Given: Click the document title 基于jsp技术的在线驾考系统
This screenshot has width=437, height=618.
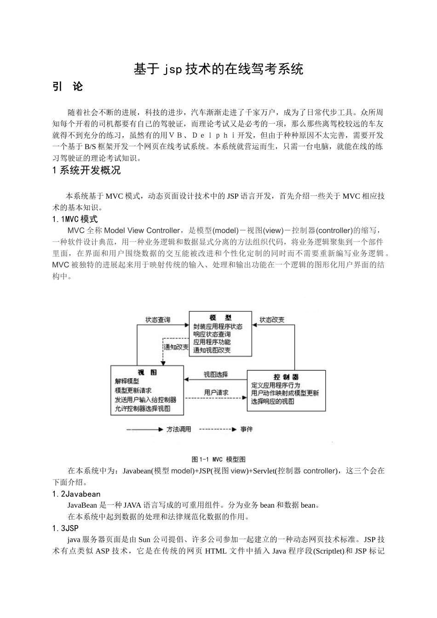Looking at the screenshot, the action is pos(218,69).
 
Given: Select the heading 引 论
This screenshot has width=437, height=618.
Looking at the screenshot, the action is pos(68,86).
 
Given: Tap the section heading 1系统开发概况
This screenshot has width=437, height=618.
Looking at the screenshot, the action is pos(87,170).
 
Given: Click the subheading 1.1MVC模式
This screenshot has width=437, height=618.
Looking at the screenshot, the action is pos(75,219).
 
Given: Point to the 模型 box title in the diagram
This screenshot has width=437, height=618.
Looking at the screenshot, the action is pos(220,318).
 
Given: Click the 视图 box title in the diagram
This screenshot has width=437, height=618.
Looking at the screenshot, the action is pos(147,372).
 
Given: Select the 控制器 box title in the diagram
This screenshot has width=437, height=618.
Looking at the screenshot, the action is pos(286,377).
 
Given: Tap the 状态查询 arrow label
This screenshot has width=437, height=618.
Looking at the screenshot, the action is pos(157,320).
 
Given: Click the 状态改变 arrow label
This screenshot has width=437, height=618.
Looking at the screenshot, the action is pos(271,320).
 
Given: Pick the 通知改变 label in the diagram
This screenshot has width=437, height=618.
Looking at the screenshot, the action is pos(177,347).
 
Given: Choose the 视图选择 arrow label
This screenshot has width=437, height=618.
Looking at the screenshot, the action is pos(216,374).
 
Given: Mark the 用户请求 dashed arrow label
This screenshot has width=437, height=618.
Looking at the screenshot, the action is pos(216,393).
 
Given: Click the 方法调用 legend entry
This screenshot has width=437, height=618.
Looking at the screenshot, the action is pos(178,429).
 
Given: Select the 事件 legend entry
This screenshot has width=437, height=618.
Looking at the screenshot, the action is pos(247,429).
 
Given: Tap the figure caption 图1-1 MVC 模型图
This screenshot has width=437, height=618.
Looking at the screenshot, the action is pos(218,459).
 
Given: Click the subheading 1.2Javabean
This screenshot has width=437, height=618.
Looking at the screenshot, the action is pos(76,494).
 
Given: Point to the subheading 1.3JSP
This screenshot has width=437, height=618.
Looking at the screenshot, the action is pos(65,528).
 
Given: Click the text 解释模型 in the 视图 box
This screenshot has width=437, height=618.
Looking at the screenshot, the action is pos(127,381).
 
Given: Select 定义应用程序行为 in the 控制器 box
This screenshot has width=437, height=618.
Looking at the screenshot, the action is pos(276,385).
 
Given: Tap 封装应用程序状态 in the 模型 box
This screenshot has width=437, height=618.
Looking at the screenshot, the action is pos(218,326).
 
